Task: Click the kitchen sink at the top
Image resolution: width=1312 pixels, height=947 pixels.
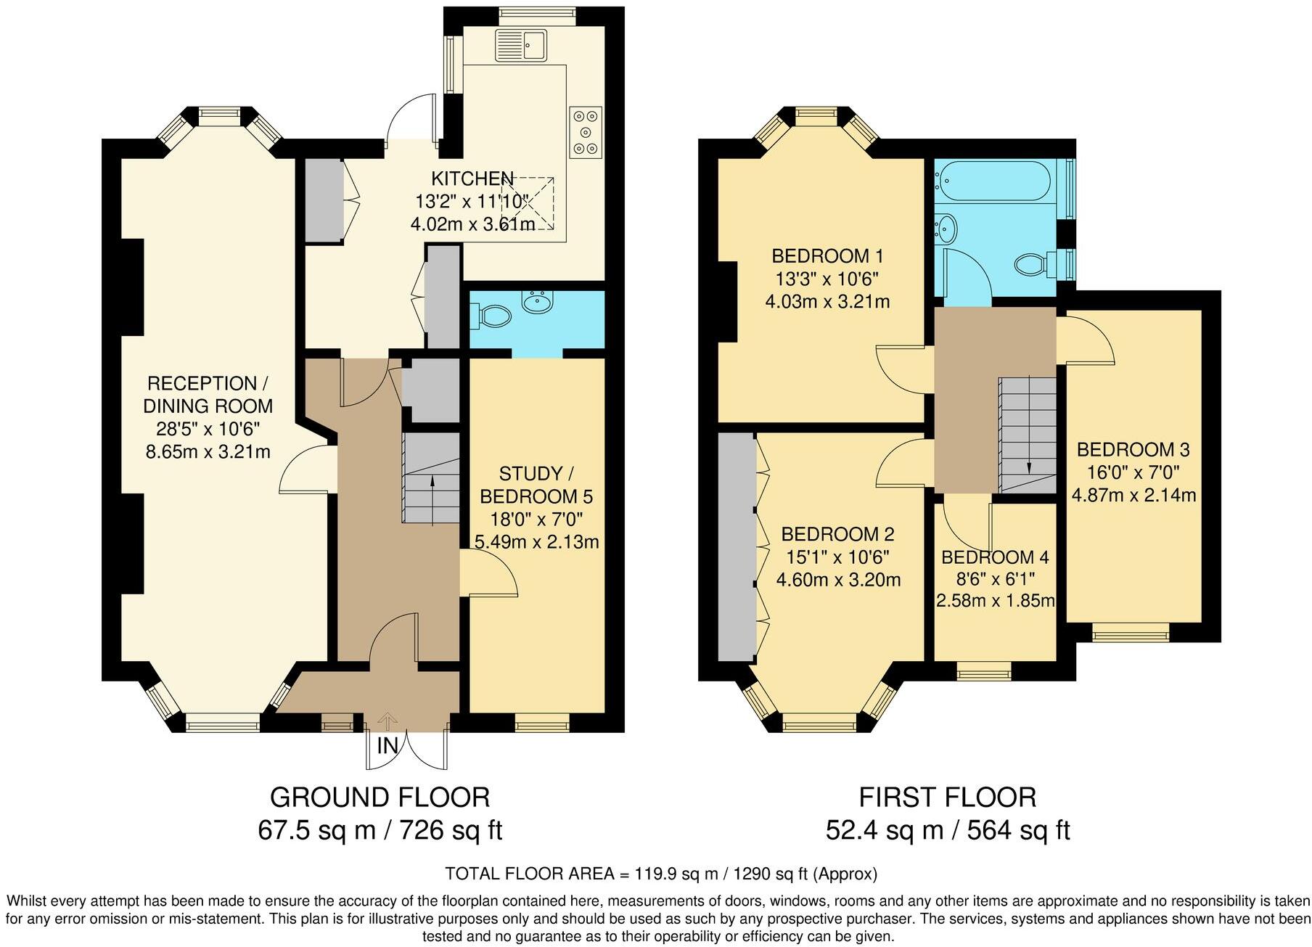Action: click(x=521, y=45)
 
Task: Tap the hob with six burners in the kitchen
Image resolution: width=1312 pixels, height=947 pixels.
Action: click(x=586, y=131)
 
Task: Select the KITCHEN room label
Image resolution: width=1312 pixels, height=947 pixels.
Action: click(x=472, y=179)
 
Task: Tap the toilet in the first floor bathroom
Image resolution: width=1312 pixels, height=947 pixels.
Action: click(x=1034, y=263)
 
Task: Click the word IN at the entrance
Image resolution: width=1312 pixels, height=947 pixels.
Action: click(x=387, y=745)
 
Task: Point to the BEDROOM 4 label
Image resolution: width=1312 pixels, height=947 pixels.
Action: click(x=994, y=557)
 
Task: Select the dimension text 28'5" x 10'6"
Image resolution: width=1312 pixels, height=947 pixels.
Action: click(x=208, y=428)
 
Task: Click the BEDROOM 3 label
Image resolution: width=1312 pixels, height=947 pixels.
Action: click(x=1133, y=449)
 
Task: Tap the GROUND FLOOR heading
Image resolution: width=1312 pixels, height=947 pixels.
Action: click(x=380, y=797)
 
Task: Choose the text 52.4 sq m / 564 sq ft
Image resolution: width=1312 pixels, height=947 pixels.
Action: click(x=947, y=829)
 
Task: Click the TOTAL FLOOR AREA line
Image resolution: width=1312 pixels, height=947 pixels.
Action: click(x=660, y=873)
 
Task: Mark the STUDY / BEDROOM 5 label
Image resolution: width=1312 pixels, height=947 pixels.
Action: click(x=536, y=485)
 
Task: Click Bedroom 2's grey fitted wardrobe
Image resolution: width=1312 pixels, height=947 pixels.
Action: click(x=736, y=548)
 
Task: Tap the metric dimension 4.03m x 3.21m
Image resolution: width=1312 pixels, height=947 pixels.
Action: click(x=827, y=301)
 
